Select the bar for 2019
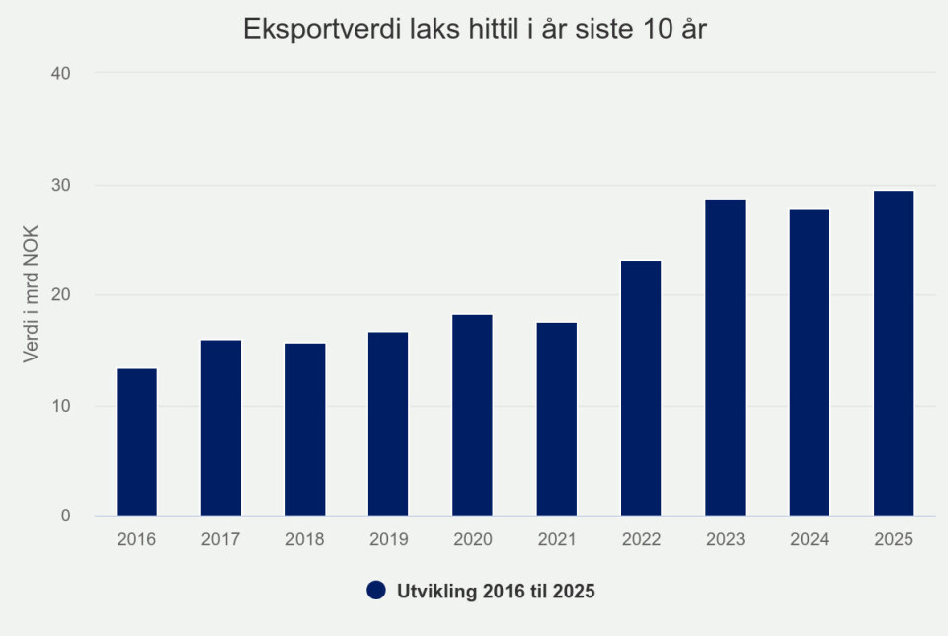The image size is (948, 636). coord(388,424)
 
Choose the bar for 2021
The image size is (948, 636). coord(557,419)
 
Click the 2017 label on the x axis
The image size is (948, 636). coord(220,540)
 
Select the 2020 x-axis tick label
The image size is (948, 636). coord(472,540)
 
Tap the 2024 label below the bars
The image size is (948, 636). coord(810,540)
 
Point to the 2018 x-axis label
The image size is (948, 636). coord(304,540)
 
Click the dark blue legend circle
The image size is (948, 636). coord(375,591)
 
